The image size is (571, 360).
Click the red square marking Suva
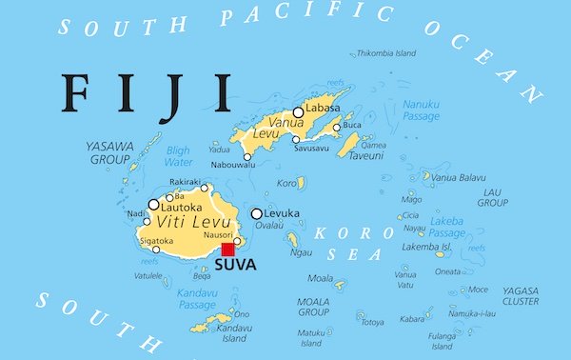click(x=227, y=250)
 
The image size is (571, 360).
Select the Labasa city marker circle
click(x=298, y=112)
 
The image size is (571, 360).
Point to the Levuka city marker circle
click(x=257, y=214)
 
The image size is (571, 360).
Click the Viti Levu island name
click(x=182, y=223)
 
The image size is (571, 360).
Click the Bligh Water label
click(x=177, y=155)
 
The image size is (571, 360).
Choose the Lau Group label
click(x=492, y=196)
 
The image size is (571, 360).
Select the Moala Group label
click(x=313, y=306)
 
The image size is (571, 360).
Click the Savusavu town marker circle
click(x=296, y=139)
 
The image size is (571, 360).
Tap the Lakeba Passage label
click(x=445, y=227)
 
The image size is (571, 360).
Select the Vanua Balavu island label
click(x=458, y=177)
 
